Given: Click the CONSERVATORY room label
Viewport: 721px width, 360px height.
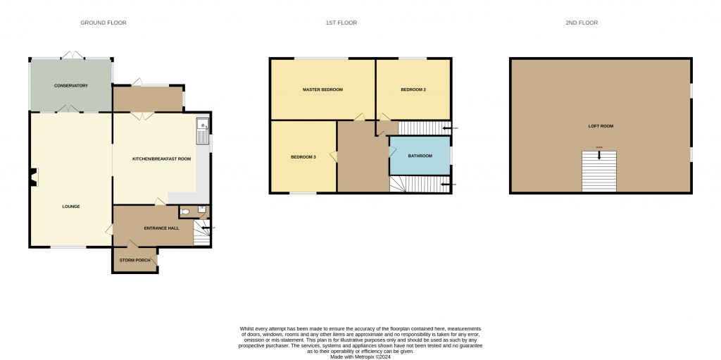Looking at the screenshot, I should [70, 86].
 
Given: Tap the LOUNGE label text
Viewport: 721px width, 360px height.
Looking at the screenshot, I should [70, 206].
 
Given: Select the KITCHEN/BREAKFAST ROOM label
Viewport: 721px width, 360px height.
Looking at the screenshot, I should [162, 159].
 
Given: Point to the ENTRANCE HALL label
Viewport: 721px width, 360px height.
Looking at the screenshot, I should [161, 228].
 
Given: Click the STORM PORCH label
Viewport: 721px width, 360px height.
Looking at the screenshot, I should [134, 260].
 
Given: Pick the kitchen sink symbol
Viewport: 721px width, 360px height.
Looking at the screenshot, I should [202, 128].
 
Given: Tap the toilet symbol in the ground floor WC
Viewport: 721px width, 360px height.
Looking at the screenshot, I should [185, 211].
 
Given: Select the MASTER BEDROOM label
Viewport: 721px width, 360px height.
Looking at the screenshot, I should [322, 90].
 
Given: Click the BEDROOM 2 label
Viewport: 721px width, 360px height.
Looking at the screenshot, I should [413, 90].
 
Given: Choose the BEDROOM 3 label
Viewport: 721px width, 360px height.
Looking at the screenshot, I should [303, 157].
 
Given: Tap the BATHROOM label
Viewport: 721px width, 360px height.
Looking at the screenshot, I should [420, 156].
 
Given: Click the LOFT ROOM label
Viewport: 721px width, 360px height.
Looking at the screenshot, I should [601, 126].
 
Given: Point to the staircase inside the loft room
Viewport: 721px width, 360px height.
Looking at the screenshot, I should [598, 171].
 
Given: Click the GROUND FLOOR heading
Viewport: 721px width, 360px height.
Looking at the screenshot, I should [104, 23].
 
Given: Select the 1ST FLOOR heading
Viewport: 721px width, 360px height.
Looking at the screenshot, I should [341, 23].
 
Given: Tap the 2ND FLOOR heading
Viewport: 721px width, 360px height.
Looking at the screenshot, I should [581, 23].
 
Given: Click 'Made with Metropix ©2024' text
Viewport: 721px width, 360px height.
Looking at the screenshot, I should [360, 356].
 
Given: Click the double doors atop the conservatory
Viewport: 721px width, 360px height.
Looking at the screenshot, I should [70, 54].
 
